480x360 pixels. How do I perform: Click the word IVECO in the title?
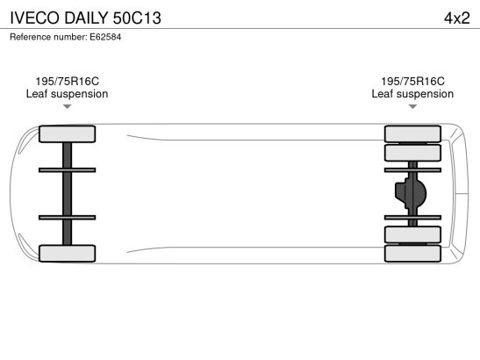point(34,18)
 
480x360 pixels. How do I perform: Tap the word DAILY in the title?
point(86,18)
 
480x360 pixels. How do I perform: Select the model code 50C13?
point(137,18)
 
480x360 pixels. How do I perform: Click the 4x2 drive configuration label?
point(456,18)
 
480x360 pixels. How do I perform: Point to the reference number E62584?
point(105,37)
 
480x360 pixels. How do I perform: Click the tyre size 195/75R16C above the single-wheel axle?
point(67,81)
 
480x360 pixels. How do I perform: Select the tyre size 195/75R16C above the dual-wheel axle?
point(412,81)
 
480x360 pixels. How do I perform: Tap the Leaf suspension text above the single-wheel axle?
point(67,94)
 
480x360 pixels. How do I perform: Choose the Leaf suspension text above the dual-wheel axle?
point(412,94)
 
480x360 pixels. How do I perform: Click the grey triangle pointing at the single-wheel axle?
point(67,106)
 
